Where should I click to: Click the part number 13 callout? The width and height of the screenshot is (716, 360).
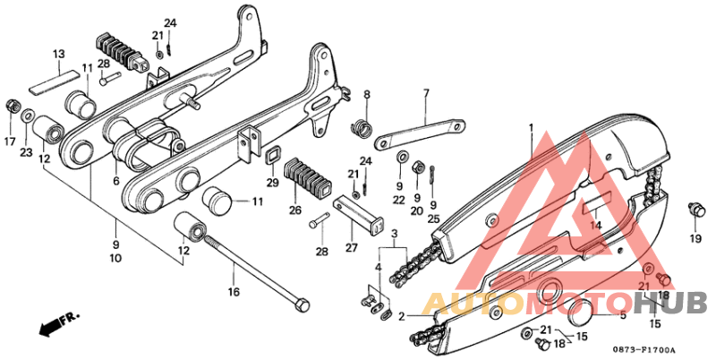[58, 55]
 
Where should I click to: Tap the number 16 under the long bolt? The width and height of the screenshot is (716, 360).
[234, 292]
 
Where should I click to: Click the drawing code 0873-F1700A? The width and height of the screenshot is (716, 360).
[644, 349]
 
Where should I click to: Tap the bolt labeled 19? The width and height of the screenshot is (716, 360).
[693, 211]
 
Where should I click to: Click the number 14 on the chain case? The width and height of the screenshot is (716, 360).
[595, 225]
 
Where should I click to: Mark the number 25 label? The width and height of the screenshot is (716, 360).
[434, 218]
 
